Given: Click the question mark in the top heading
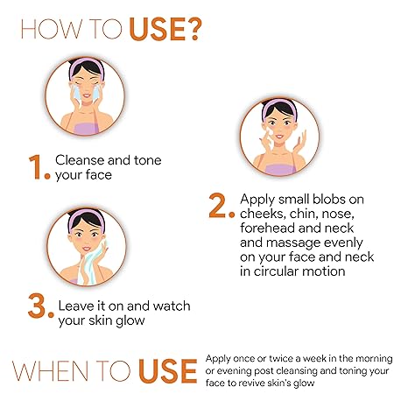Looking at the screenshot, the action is (193, 29).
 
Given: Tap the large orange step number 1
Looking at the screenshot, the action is (37, 167).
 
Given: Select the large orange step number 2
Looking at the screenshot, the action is (218, 206).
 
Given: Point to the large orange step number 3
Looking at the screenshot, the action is (37, 306).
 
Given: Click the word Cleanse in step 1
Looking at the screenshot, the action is (80, 160).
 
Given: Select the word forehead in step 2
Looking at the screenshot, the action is (268, 228).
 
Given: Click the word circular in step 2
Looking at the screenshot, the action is (277, 271).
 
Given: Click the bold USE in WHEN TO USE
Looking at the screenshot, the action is (168, 371).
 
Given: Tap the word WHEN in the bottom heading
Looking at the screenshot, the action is (51, 371).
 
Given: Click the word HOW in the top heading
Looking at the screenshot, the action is (52, 29).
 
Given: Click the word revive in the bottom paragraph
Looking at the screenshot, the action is (251, 383).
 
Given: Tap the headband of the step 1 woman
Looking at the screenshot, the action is (87, 66).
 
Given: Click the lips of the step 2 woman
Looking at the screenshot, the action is (279, 137).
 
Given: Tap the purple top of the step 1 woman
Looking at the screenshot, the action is (86, 129).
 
